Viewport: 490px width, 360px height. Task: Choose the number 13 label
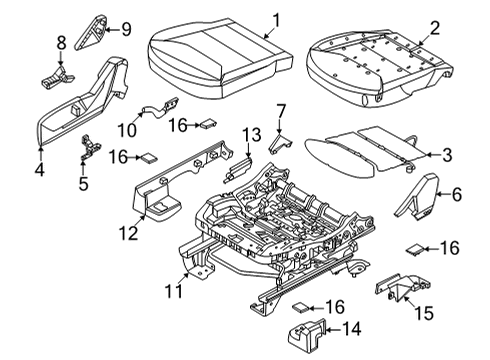[251, 135]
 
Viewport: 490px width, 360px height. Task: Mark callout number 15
[425, 312]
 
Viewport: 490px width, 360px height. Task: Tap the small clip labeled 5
[86, 148]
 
